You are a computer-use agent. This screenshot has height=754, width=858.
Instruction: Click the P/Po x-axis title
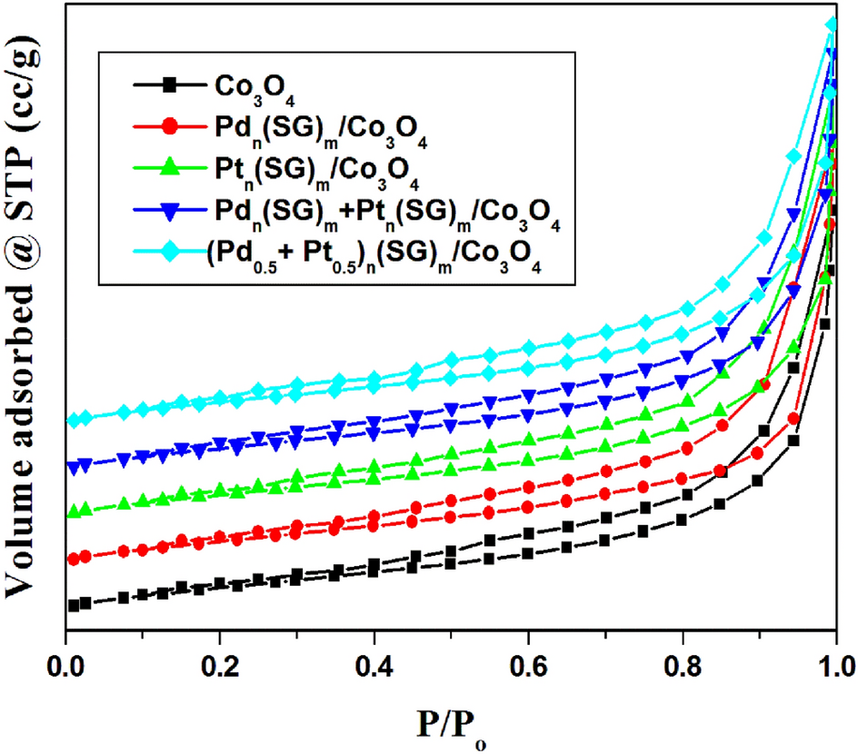pyautogui.click(x=451, y=718)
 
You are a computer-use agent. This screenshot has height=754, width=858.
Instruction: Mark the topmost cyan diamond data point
pyautogui.click(x=831, y=25)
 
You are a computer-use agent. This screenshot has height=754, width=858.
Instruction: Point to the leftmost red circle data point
pyautogui.click(x=74, y=558)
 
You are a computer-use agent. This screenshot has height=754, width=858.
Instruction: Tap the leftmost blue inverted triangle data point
pyautogui.click(x=74, y=466)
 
